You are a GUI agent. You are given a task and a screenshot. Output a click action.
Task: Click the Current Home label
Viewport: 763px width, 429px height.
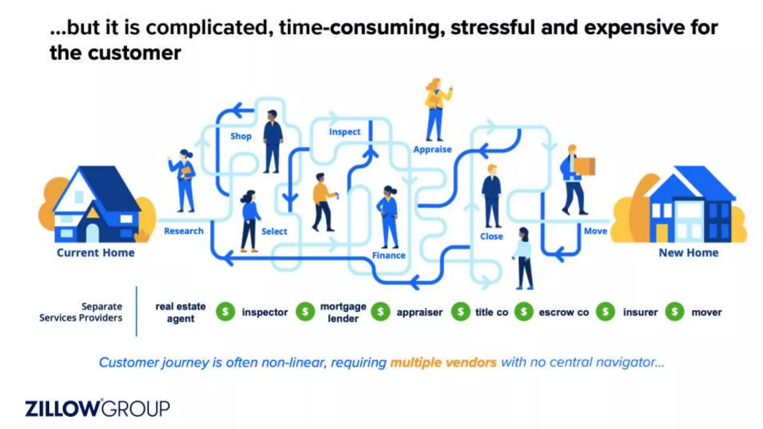click(96, 253)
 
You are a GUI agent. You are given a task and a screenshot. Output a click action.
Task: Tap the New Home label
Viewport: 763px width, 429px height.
click(688, 253)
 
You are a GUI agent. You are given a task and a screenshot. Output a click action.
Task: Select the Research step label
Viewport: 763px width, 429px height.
click(184, 231)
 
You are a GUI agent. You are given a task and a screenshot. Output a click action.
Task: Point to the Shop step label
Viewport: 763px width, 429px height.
click(241, 136)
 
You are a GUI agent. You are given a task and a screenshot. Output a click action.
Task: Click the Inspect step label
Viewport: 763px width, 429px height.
click(345, 132)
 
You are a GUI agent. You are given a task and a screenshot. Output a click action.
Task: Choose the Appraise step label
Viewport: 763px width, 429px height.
click(432, 150)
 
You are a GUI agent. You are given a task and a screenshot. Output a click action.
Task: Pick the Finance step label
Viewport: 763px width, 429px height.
click(389, 255)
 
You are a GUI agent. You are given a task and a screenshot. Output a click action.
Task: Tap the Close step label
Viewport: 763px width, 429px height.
click(491, 236)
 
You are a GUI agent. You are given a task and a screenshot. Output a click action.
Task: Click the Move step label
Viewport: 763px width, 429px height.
click(595, 231)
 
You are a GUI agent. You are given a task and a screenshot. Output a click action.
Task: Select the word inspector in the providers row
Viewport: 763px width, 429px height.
click(265, 312)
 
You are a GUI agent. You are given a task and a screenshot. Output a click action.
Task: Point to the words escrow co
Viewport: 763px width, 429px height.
click(564, 312)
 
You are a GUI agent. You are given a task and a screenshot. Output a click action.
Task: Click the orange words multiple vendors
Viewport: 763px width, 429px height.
click(443, 362)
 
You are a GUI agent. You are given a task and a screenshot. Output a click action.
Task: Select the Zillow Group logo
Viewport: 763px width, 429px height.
click(97, 409)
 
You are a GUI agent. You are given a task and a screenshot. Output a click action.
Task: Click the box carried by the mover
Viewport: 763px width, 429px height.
click(584, 166)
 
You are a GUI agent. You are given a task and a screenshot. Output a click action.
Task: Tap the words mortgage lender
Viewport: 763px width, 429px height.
click(343, 312)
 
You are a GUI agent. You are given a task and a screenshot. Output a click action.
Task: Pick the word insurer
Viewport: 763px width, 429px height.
click(640, 312)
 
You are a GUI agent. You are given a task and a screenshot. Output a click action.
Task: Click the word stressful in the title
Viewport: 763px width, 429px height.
click(493, 28)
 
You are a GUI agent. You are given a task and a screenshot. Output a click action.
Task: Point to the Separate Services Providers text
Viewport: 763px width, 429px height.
click(81, 312)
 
